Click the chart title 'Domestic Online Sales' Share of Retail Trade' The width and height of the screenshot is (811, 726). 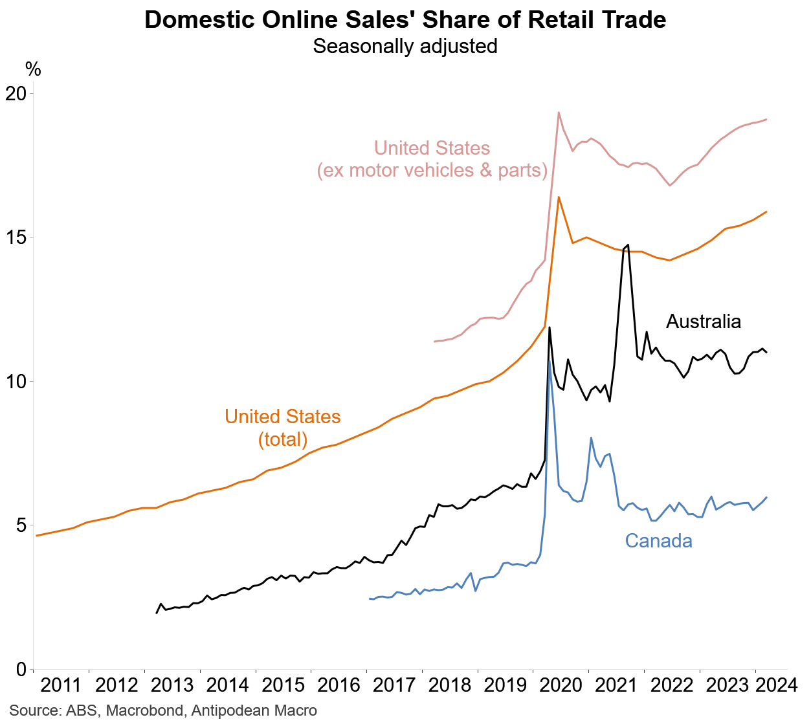(x=405, y=19)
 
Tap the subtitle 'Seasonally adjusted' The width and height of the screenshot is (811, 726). (x=405, y=47)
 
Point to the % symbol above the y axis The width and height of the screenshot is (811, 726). (x=33, y=69)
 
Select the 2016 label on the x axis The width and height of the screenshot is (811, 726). (x=339, y=685)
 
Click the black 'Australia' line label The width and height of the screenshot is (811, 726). (x=703, y=322)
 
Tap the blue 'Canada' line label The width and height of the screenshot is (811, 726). (x=658, y=541)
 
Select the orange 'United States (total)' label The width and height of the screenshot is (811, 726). (x=283, y=428)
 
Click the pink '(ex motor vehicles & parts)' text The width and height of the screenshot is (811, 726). (x=432, y=170)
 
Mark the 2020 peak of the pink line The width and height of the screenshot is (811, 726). (x=559, y=113)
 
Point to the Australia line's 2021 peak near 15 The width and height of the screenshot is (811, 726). (x=628, y=245)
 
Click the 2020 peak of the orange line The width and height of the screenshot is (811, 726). (x=559, y=197)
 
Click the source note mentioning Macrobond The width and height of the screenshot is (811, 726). (x=163, y=710)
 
